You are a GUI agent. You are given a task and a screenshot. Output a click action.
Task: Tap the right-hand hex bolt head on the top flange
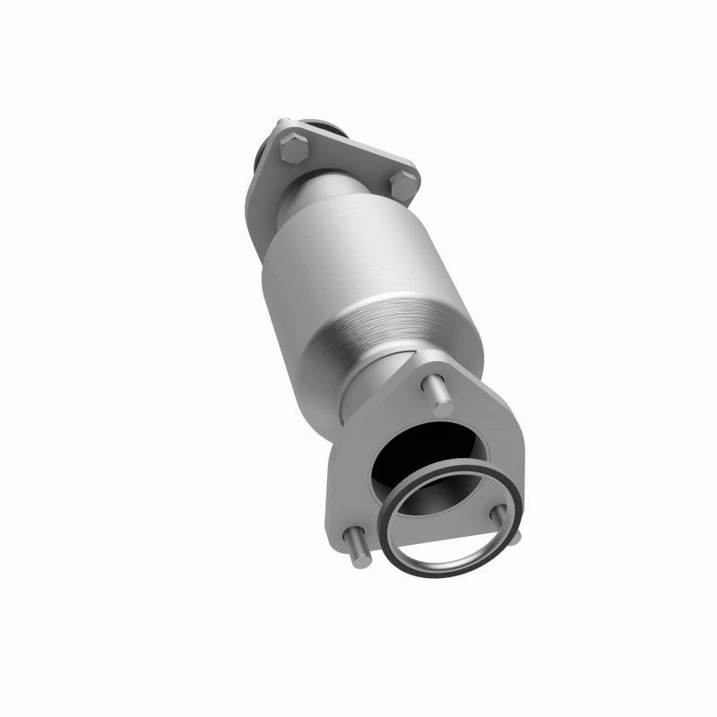(x=404, y=186)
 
